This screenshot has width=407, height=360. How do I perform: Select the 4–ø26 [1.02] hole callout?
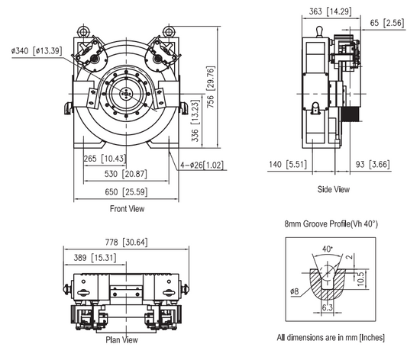202,164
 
